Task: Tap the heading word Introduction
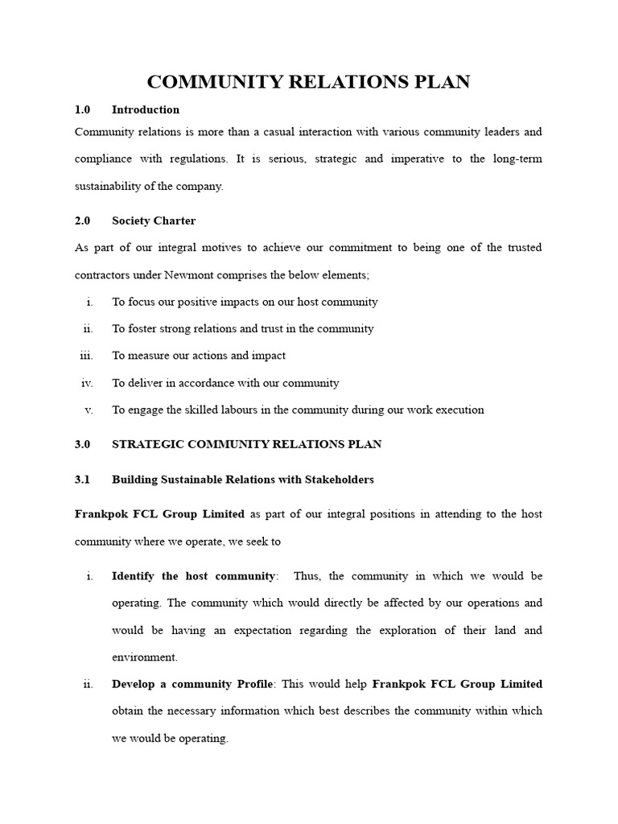tap(146, 109)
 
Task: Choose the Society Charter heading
tap(154, 220)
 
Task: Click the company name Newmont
tap(191, 275)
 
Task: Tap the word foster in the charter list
tap(141, 328)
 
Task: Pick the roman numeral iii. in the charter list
tap(87, 356)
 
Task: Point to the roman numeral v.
tap(89, 410)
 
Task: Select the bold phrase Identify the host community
tap(193, 576)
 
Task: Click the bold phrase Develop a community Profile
tap(192, 684)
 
